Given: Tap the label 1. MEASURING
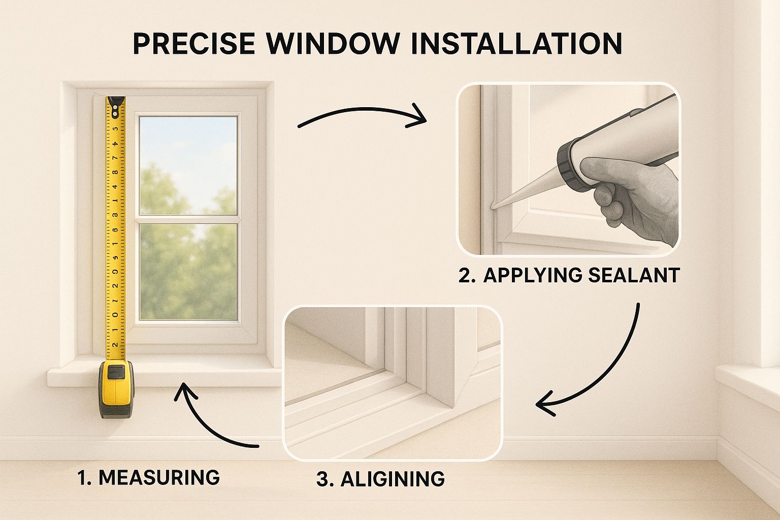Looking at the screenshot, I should click(x=148, y=477).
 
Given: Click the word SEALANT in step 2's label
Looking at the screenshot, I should click(x=634, y=275).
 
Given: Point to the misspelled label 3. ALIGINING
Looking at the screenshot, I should click(x=380, y=479).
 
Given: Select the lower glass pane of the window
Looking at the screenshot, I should click(x=188, y=272).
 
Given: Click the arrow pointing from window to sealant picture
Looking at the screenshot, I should click(x=362, y=116).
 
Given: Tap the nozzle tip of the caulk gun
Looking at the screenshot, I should click(x=494, y=207).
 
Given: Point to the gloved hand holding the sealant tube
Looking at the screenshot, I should click(x=635, y=198).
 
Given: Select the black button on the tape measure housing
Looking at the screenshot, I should click(x=116, y=372).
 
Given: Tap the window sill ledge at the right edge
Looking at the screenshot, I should click(x=746, y=381).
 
